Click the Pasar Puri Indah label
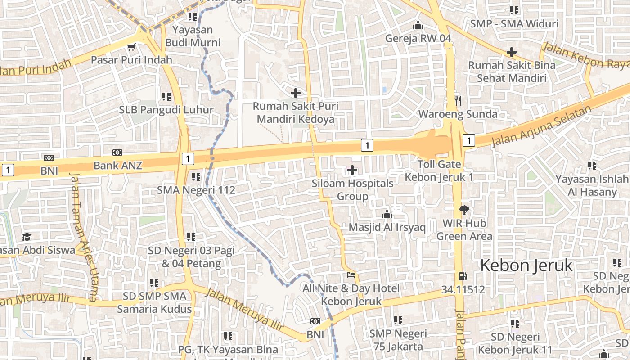[131, 60]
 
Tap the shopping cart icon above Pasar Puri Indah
[131, 47]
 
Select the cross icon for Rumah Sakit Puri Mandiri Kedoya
[296, 93]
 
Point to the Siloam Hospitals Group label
[352, 190]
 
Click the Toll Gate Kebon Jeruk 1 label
[439, 171]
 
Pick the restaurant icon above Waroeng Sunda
[458, 101]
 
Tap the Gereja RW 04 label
[418, 38]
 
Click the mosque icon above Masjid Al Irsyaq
[387, 215]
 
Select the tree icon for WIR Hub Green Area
[464, 210]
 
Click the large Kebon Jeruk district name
[526, 265]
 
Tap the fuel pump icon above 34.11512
[463, 276]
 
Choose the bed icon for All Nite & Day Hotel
[351, 275]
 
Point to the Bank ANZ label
[118, 166]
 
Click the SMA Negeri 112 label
[196, 190]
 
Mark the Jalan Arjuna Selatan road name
[541, 126]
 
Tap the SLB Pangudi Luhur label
[166, 110]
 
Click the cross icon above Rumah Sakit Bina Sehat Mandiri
[512, 52]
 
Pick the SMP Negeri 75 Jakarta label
[398, 340]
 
